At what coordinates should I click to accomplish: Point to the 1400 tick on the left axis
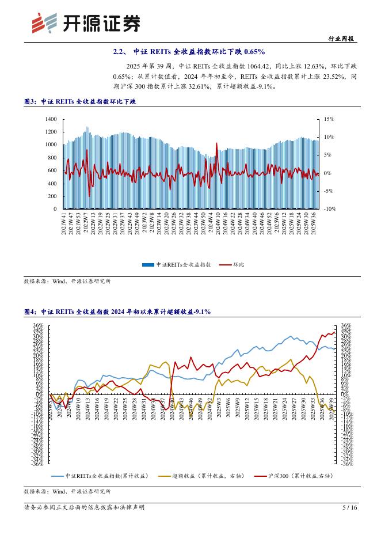pos(51,119)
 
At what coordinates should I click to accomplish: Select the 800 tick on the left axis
pos(52,158)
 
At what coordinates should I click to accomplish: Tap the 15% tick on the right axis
pos(329,119)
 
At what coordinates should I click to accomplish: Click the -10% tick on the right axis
pos(329,209)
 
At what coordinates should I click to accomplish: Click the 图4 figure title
pos(117,312)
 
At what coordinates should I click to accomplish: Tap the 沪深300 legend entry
pos(294,476)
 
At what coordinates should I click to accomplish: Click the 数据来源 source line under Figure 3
pos(67,282)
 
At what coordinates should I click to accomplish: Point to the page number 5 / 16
pos(349,508)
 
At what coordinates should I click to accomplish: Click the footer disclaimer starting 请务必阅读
pos(84,508)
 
